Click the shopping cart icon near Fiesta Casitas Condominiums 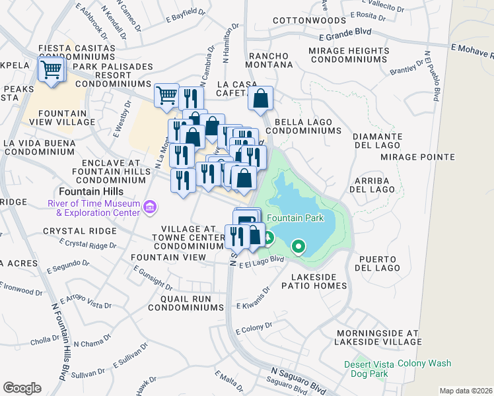click(x=51, y=69)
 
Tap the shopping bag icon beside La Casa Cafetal click(x=262, y=99)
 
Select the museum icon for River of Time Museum click(x=151, y=208)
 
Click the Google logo click(x=22, y=387)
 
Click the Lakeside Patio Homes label click(x=314, y=281)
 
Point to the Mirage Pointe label click(x=417, y=157)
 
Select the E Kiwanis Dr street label click(x=254, y=298)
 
